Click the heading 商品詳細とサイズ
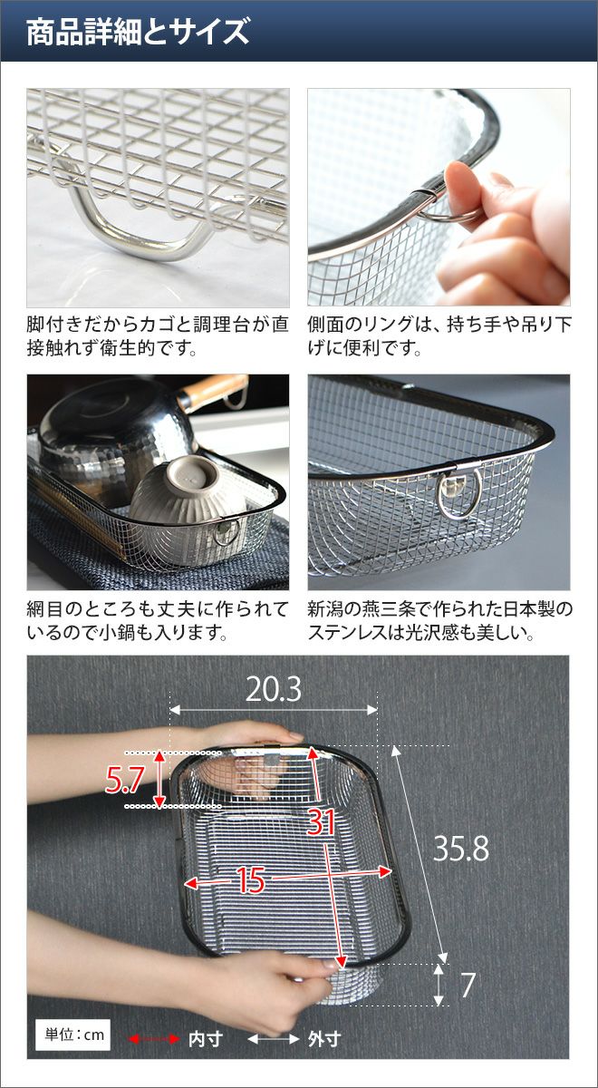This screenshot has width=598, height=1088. coord(138,32)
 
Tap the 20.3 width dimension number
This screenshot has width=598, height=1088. coord(274,689)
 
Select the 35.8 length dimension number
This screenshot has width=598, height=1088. coord(460,849)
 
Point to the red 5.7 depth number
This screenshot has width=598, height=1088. coord(124,780)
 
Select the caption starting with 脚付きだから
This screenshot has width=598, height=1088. coord(158,336)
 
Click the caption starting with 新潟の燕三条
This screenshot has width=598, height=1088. coord(439,620)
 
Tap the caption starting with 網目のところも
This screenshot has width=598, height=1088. coord(158,620)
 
